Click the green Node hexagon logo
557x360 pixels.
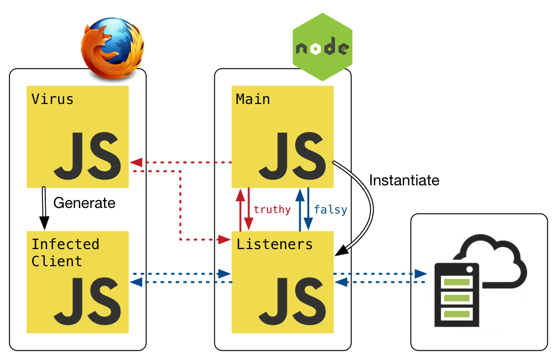(x=322, y=47)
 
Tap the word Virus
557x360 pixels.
(x=52, y=99)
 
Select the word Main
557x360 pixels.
(x=253, y=99)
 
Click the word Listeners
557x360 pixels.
(x=274, y=244)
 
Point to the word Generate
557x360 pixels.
(x=85, y=203)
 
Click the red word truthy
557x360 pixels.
(x=272, y=209)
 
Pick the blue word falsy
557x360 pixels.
(x=330, y=209)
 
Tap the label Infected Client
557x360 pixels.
(x=65, y=252)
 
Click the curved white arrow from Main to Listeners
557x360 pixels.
(x=367, y=203)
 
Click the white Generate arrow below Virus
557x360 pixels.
(x=44, y=208)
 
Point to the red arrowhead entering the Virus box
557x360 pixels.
(x=136, y=162)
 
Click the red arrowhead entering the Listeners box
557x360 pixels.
(x=224, y=239)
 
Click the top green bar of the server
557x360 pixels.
(x=456, y=281)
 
